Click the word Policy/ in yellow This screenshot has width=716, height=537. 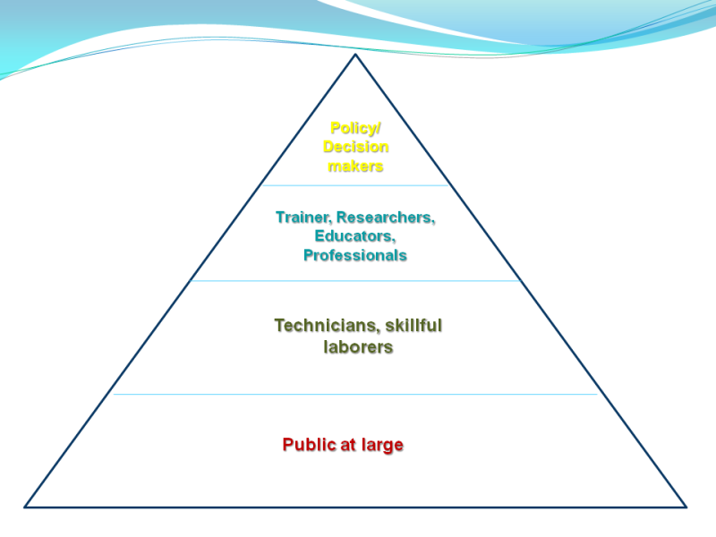coord(355,128)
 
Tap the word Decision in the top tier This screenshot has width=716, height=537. coord(355,147)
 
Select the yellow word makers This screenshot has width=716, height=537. coord(355,166)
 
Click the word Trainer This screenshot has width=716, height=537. coord(303,217)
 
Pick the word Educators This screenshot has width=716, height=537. coord(355,236)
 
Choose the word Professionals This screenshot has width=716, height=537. coord(355,255)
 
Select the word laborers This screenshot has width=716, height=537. coord(358,346)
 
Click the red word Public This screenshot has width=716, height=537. coord(309,444)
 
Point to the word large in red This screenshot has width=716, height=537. coord(382,444)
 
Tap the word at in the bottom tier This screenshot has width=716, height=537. coord(347,445)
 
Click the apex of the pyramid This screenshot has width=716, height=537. coord(355,55)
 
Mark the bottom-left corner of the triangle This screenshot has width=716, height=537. coord(25,507)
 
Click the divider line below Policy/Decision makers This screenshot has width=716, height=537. coord(355,185)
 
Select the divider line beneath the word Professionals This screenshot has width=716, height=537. coord(355,281)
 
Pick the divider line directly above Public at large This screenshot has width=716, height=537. coord(355,394)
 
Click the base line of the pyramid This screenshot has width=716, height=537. coord(355,507)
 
